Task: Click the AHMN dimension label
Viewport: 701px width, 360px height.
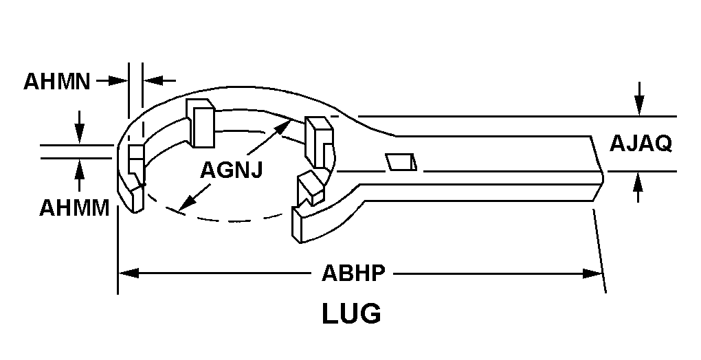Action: coord(57,82)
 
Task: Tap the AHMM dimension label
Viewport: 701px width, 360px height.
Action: coord(74,208)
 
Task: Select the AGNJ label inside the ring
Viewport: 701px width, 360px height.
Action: coord(231,170)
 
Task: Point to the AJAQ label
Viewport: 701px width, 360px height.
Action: coord(641,144)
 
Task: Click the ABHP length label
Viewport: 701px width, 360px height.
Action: coord(353,273)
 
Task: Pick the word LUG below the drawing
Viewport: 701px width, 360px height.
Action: coord(352,313)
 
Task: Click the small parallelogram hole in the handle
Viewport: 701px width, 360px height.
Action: coord(401,162)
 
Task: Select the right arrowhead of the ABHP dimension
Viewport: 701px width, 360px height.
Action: coord(593,273)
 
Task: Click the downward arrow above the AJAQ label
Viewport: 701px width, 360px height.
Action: coord(640,99)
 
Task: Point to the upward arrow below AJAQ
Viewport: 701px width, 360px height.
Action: coord(638,188)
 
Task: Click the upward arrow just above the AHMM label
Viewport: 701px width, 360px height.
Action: coord(79,175)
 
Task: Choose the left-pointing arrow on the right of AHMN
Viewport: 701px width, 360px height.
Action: coord(159,81)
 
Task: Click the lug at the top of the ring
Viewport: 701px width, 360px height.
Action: coord(200,123)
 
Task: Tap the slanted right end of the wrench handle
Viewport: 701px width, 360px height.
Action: coord(597,169)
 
